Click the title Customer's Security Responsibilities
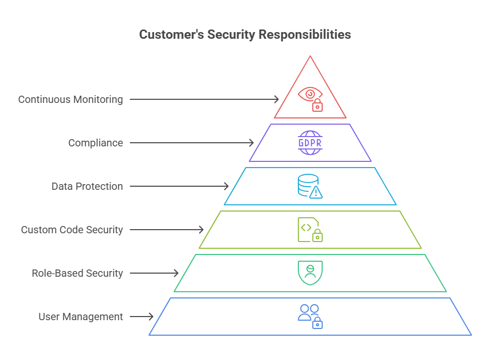coord(245,35)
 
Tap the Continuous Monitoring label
coord(71,99)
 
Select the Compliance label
coord(96,143)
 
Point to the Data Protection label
coord(87,186)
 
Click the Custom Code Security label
coord(72,230)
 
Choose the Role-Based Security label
coord(77,273)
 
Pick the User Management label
coord(81,317)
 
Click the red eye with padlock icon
coord(310,99)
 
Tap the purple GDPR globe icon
coord(310,143)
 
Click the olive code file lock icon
coord(310,230)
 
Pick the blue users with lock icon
coord(310,317)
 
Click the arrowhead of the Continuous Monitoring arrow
coord(277,99)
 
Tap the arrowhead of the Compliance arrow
coord(252,143)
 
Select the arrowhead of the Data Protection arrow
coord(226,186)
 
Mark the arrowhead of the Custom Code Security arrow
coord(202,230)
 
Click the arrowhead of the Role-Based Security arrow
coord(176,273)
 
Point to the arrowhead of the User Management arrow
coord(152,317)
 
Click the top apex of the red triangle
coord(310,56)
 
